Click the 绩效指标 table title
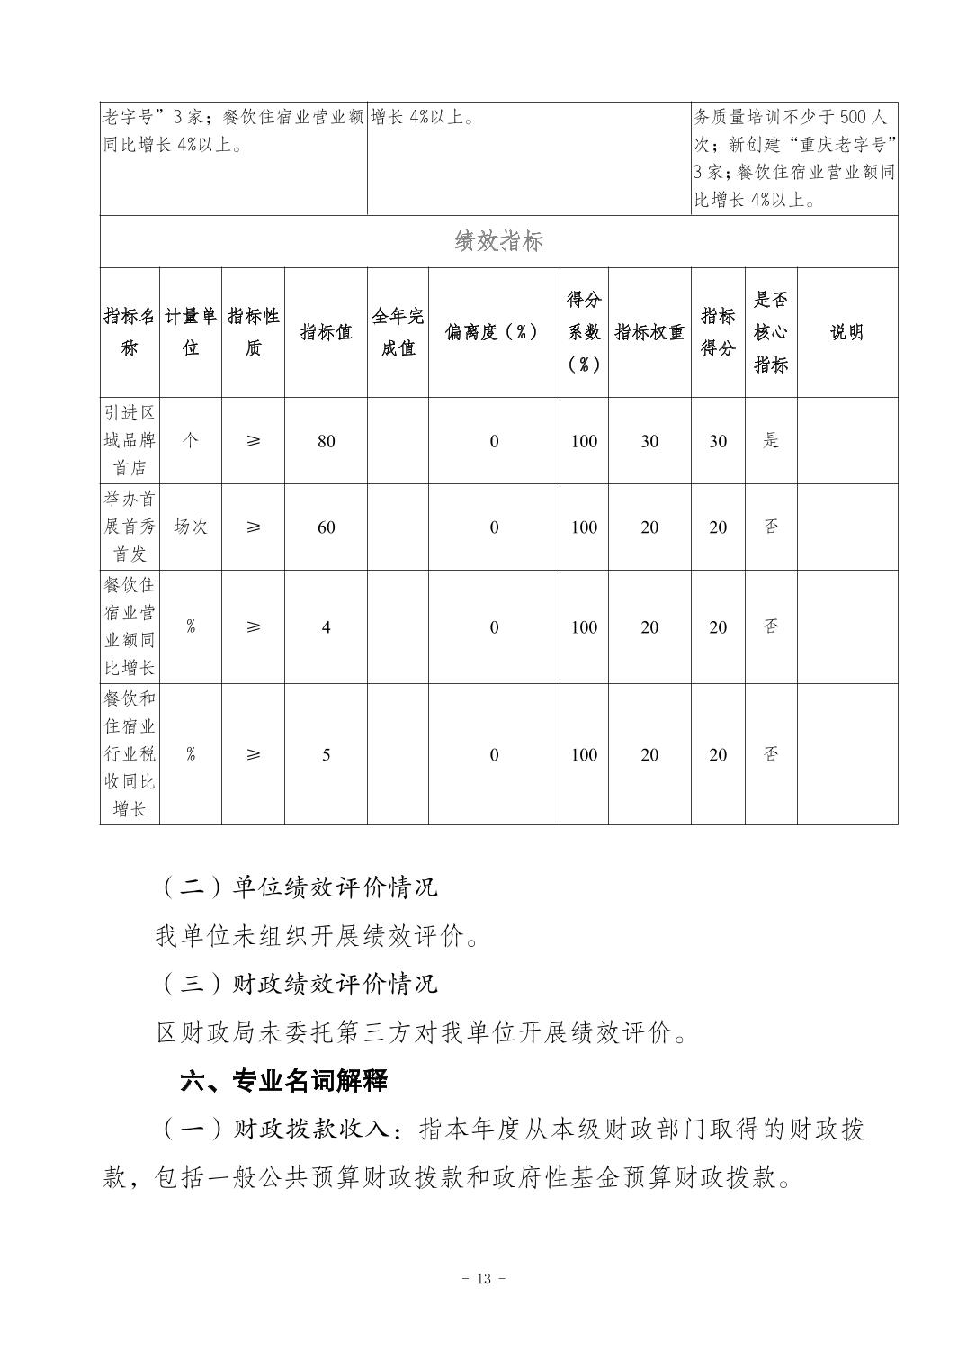coord(498,241)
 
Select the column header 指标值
coord(326,332)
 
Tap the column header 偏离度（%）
coord(493,332)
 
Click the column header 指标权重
coord(649,332)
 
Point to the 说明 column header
coord(846,332)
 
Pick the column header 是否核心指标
coord(771,332)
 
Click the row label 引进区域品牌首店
coord(130,440)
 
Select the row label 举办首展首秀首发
coord(130,526)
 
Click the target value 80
coord(326,441)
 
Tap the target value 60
coord(326,527)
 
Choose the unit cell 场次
coord(191,527)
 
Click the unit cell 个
coord(191,441)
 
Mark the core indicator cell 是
coord(771,441)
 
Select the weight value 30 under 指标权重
coord(649,441)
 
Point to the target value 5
coord(326,754)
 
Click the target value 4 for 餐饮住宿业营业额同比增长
coord(326,626)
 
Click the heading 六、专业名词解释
coord(283,1081)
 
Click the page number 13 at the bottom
coord(483,1279)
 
